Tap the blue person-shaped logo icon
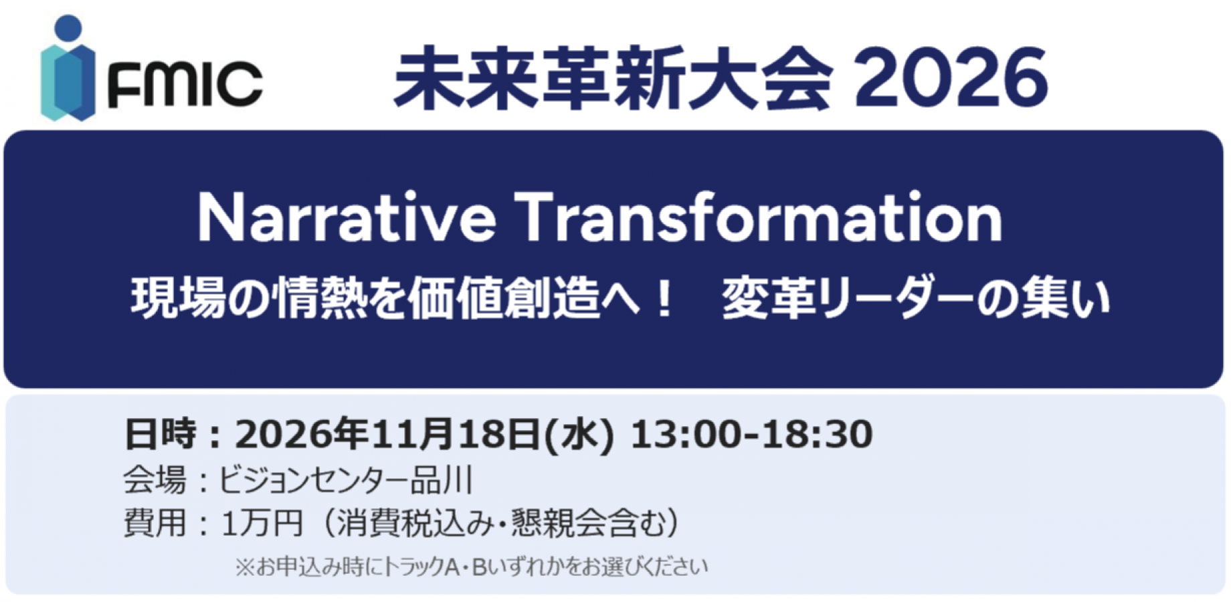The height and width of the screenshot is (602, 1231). tap(68, 68)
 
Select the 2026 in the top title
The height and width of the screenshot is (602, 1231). tap(951, 78)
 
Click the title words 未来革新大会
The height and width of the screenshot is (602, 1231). tap(613, 78)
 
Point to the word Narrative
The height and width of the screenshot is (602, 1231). tap(347, 217)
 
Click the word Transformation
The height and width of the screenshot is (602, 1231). tap(759, 217)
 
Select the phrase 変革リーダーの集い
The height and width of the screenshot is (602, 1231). tap(916, 298)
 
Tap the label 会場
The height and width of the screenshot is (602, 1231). tap(155, 480)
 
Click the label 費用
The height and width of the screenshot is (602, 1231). tap(155, 522)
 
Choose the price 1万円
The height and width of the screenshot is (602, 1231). tap(262, 522)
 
